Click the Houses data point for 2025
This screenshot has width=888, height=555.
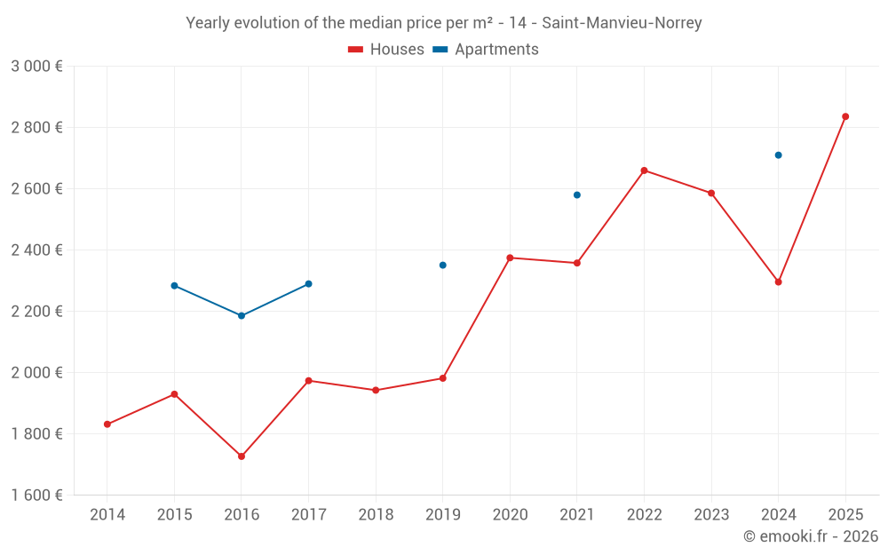coord(845,116)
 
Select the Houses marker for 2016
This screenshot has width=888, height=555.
coord(242,456)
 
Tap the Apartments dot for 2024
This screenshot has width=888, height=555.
coord(778,155)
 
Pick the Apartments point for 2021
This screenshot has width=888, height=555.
coord(577,194)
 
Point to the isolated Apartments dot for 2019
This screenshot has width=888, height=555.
coord(442,266)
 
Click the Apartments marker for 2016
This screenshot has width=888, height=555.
coord(242,316)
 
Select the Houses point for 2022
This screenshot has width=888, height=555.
coord(644,170)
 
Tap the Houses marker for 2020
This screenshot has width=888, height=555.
coord(510,258)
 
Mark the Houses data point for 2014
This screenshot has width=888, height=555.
coord(107,424)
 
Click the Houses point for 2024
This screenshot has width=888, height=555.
coord(778,282)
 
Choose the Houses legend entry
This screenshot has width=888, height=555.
coord(386,50)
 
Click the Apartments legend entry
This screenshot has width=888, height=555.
coord(486,50)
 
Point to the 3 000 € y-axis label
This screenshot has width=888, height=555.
coord(36,67)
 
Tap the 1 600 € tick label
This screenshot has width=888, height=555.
coord(36,496)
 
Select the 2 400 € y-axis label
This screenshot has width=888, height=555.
coord(36,250)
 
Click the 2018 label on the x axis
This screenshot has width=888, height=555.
coord(376,515)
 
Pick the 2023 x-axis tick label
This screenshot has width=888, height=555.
coord(711,515)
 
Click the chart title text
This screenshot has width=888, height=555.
coord(444,23)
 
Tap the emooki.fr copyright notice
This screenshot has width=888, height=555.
coord(810,536)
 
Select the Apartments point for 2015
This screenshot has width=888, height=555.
coord(174,286)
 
